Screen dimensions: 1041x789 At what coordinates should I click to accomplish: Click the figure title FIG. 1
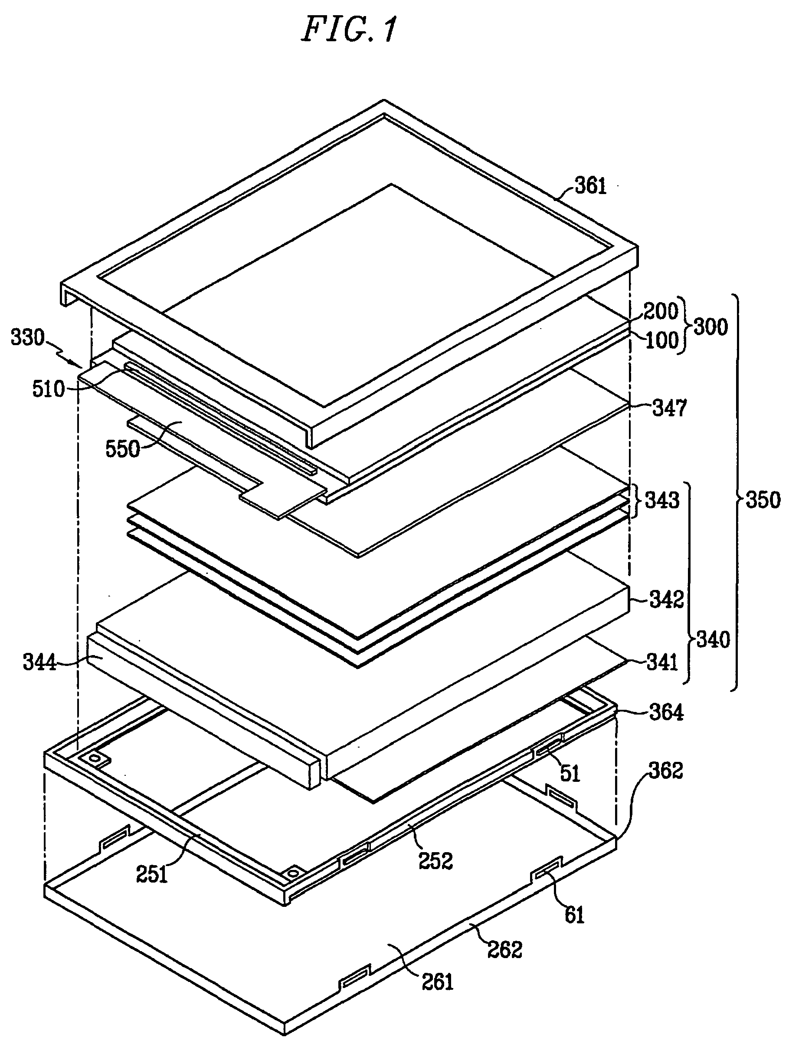coord(349,29)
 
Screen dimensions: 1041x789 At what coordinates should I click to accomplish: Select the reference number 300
coord(710,326)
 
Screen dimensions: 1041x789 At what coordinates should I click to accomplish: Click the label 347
coord(670,408)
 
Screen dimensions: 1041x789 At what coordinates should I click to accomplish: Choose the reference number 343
coord(662,500)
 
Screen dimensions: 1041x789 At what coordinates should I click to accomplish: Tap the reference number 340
coord(713,639)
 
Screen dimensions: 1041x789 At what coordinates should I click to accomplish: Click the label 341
coord(662,662)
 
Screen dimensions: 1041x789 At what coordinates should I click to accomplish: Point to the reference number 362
coord(665,771)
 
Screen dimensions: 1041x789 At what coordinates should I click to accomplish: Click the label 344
coord(39,663)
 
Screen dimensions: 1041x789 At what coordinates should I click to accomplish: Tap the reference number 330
coord(28,338)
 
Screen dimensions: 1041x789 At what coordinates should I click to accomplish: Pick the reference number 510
coord(49,389)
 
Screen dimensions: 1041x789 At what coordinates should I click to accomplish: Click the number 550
coord(123,449)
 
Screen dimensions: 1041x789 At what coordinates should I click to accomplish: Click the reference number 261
coord(437,982)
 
